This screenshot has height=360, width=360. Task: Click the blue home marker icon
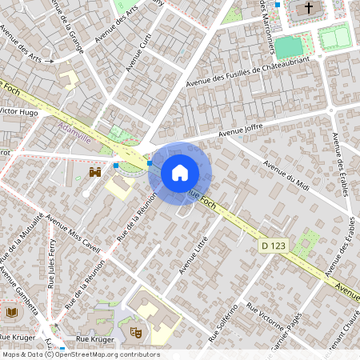tap(180, 172)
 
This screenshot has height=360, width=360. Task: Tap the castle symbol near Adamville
tap(94, 171)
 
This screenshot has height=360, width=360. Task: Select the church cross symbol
tap(309, 8)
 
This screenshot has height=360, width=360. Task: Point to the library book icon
tap(11, 311)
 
